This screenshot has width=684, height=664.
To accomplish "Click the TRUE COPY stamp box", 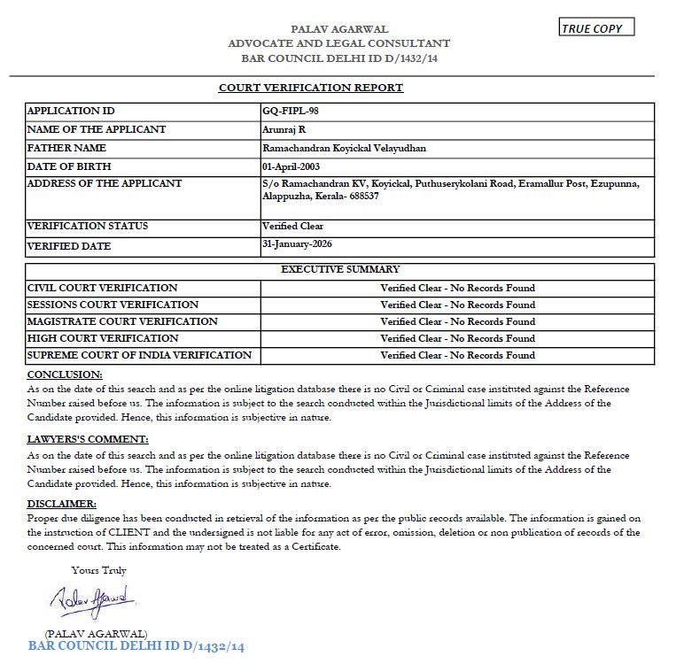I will click(x=597, y=28).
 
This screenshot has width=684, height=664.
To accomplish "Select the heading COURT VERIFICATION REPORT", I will click(x=311, y=88).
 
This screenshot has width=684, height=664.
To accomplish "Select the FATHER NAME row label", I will click(x=66, y=148).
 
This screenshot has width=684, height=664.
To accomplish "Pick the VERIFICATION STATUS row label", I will click(x=88, y=226).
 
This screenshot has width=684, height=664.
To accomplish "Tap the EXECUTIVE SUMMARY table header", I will click(x=339, y=269).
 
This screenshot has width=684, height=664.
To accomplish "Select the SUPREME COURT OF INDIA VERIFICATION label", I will click(x=139, y=355).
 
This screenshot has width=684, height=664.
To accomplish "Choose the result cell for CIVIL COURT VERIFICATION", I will click(x=457, y=288).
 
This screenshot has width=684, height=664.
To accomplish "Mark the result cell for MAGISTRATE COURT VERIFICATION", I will click(x=457, y=321).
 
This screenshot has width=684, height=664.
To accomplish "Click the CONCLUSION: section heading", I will click(x=65, y=374).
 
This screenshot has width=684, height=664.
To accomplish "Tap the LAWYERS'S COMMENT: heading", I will click(x=88, y=439).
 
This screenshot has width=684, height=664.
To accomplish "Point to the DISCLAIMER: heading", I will click(x=62, y=504).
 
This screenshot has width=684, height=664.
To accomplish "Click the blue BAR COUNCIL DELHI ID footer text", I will click(x=136, y=646).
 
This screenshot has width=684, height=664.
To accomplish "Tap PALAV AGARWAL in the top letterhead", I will click(x=339, y=29).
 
